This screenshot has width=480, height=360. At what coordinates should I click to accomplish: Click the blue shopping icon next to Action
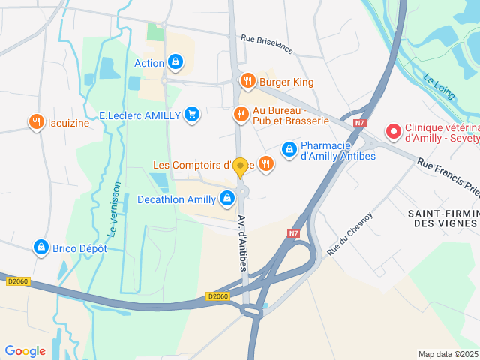(175, 62)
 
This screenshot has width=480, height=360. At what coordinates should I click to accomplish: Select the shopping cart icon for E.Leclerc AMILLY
(192, 115)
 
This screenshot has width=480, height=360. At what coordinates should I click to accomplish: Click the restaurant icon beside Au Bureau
(241, 115)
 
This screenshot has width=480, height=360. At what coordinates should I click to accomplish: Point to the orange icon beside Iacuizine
(35, 122)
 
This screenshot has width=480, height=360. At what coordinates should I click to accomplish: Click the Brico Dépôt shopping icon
(40, 247)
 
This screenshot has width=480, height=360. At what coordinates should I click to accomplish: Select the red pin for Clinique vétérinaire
(393, 133)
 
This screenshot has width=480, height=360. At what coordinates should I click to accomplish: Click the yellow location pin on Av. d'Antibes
(241, 167)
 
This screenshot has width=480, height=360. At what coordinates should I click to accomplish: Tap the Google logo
(25, 350)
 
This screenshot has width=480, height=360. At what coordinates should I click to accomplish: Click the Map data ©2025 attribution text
(448, 354)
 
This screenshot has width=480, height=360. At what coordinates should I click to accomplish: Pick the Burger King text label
(287, 81)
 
